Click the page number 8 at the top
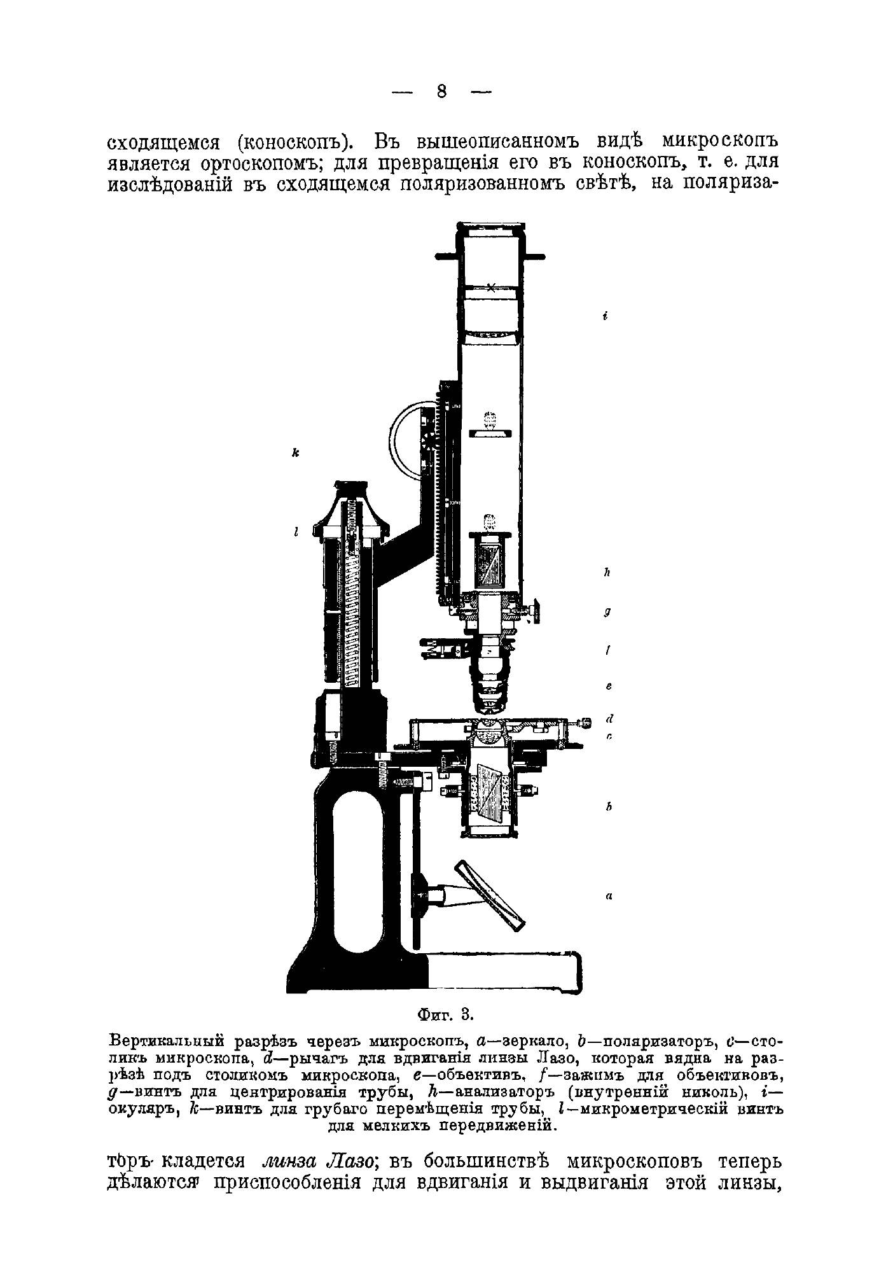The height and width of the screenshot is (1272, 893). [442, 92]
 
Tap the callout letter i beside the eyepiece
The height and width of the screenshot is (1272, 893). [606, 316]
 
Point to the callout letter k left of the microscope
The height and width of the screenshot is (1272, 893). [296, 453]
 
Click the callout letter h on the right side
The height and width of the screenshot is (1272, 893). [607, 573]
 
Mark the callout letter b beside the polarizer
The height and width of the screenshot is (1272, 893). [608, 807]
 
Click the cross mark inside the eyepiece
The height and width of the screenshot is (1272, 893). [491, 287]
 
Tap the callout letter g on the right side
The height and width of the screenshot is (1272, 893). [607, 612]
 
